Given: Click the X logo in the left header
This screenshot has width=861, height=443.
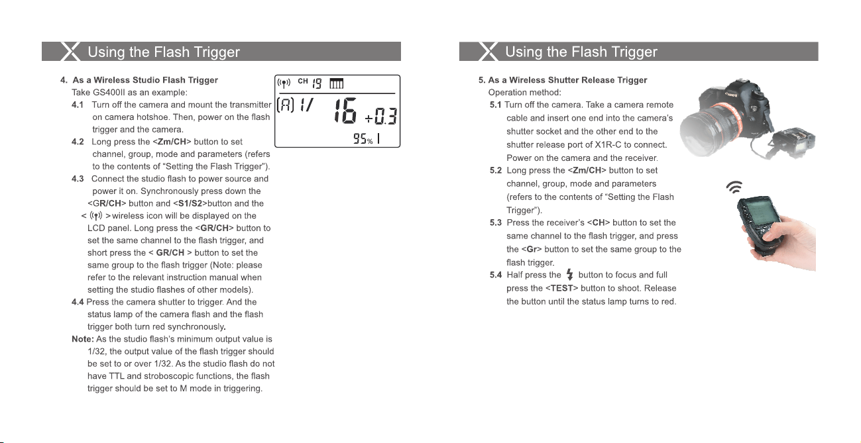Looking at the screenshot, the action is tap(70, 52).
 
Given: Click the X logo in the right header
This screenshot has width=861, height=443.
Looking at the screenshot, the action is tap(488, 52).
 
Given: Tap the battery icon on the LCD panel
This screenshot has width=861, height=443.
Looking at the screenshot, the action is tap(336, 83).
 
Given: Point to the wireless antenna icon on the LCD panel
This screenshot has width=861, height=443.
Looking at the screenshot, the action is tap(284, 83).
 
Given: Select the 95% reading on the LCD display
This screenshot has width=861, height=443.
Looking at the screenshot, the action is tap(363, 138).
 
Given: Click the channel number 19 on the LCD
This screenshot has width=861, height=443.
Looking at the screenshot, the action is tap(317, 83).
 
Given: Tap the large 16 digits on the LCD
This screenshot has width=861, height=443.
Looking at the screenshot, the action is tap(345, 111).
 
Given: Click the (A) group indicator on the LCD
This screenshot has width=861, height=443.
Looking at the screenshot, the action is tap(286, 105).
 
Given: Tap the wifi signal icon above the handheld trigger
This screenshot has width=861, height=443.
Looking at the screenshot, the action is tap(734, 187).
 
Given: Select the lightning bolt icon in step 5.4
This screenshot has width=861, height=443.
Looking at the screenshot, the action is tap(569, 275).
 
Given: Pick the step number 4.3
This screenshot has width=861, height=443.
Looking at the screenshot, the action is tap(78, 179).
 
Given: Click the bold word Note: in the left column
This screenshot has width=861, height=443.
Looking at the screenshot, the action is tap(83, 339).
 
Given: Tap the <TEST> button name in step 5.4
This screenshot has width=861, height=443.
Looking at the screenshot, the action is tap(561, 288).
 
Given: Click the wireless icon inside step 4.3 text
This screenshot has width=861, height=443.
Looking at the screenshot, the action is tap(96, 216).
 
